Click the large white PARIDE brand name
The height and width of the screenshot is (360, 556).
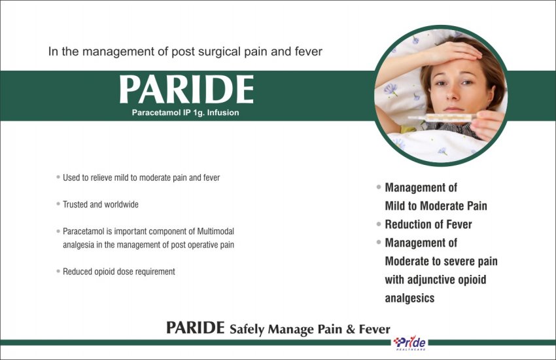[186, 89]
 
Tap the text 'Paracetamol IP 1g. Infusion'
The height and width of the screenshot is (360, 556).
[186, 113]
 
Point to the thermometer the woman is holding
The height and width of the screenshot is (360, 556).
[442, 117]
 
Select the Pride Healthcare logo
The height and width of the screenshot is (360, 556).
[410, 343]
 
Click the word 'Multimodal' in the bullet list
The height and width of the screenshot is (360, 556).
[216, 231]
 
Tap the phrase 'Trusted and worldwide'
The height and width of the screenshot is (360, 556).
[101, 205]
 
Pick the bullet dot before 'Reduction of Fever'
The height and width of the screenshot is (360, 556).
[379, 224]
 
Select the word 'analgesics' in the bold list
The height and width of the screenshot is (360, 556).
[409, 298]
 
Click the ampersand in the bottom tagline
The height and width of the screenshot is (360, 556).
[351, 329]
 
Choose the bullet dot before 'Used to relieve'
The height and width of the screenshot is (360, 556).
[58, 177]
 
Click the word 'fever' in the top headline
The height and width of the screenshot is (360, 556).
[309, 52]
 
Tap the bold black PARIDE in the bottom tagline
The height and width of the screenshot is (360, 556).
[196, 327]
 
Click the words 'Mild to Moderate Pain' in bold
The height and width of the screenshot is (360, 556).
[436, 206]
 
